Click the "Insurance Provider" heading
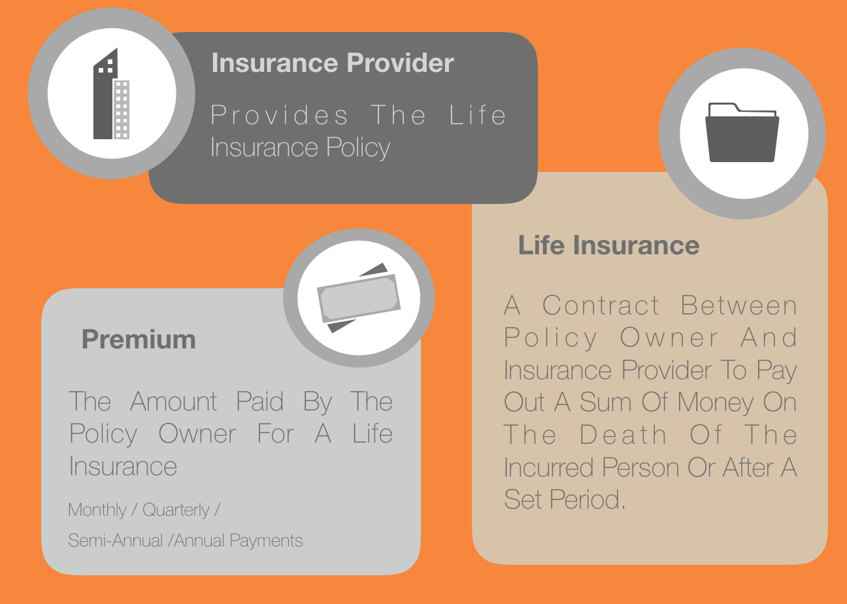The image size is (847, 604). [333, 63]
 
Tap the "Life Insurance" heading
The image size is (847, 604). [609, 245]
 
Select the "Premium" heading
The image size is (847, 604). [139, 339]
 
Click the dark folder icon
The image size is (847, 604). [742, 133]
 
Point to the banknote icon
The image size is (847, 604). [358, 298]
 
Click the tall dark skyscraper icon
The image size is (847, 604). [105, 93]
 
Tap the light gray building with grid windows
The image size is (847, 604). [122, 109]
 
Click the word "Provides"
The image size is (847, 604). [279, 115]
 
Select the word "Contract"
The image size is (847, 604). [601, 305]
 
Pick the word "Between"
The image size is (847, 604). [739, 305]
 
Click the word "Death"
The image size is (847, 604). [622, 435]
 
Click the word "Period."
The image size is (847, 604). [588, 499]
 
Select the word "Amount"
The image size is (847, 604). [174, 401]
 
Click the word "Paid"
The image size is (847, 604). [259, 401]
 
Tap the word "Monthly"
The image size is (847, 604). [97, 511]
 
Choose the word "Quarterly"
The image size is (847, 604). [176, 511]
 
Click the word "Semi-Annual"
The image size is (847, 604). [116, 541]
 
